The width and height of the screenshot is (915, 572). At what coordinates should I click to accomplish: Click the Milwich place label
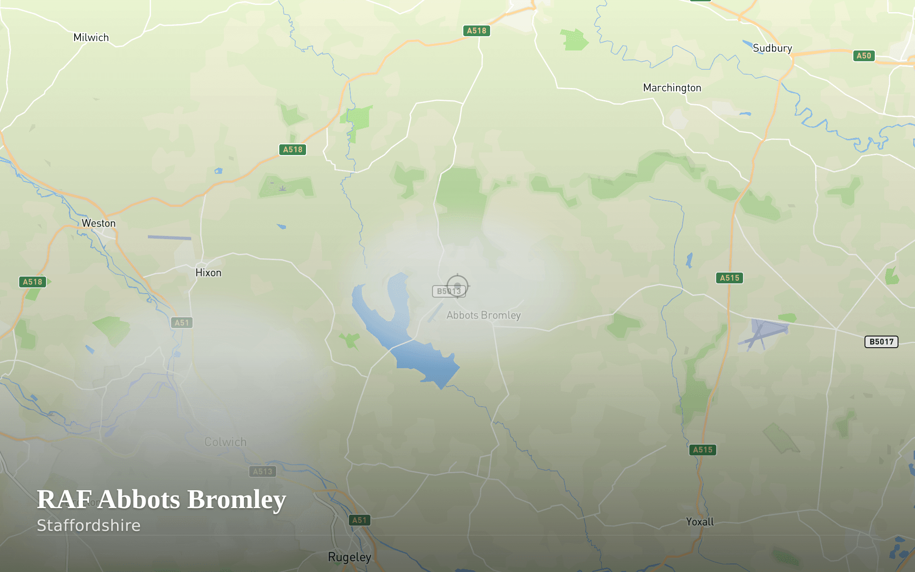[91, 38]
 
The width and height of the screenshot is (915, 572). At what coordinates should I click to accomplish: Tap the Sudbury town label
[772, 48]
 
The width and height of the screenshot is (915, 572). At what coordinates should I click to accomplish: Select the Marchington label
[672, 88]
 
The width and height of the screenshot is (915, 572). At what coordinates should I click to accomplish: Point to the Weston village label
[98, 223]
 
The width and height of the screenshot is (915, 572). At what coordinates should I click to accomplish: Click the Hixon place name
[208, 273]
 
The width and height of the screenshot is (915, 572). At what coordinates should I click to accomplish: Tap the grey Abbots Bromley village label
[483, 315]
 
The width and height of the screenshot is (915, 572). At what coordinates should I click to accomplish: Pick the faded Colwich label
[225, 442]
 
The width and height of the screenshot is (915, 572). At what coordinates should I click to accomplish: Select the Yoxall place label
[700, 522]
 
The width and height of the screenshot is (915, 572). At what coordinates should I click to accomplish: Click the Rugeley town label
[349, 557]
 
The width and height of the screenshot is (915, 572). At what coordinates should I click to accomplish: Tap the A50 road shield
[864, 56]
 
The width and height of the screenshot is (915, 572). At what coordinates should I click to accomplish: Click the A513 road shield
[262, 471]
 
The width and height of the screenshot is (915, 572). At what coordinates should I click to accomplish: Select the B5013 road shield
[448, 291]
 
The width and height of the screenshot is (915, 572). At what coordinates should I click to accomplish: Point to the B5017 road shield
[881, 342]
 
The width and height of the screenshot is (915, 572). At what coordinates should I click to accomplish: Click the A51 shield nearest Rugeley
[359, 520]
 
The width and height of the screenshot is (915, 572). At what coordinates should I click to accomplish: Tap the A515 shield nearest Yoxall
[702, 450]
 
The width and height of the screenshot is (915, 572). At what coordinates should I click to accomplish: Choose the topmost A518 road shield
[476, 31]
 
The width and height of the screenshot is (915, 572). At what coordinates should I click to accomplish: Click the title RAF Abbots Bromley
[161, 499]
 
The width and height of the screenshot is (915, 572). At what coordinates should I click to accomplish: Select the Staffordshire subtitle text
[88, 526]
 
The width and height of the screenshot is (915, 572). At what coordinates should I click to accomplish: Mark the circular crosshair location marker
[457, 285]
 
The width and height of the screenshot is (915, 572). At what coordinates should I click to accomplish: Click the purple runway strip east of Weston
[169, 238]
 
